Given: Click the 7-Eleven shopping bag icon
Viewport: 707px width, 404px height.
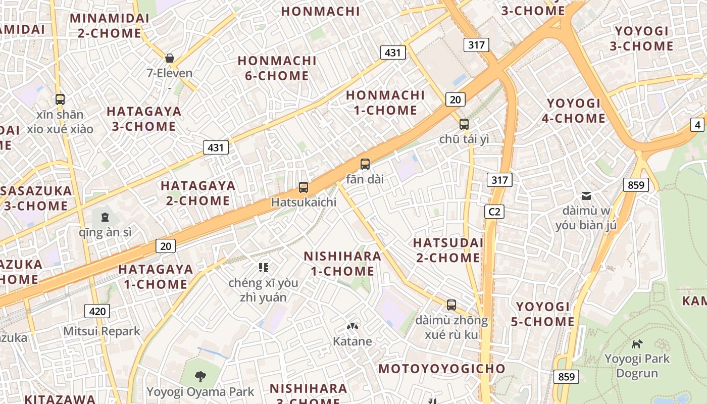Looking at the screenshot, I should pyautogui.click(x=170, y=58).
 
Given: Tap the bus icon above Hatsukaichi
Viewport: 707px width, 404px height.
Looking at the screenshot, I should pyautogui.click(x=304, y=187).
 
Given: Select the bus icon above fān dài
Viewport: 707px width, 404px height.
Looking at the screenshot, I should pyautogui.click(x=365, y=164).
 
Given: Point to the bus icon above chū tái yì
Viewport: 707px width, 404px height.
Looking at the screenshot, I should pyautogui.click(x=464, y=124).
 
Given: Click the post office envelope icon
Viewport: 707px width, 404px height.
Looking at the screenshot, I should pyautogui.click(x=586, y=195).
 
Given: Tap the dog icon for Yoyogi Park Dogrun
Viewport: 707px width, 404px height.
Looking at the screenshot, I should pyautogui.click(x=637, y=344).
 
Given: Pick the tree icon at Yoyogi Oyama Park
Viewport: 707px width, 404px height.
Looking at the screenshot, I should pyautogui.click(x=200, y=376).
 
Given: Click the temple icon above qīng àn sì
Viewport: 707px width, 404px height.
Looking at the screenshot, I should pyautogui.click(x=105, y=217).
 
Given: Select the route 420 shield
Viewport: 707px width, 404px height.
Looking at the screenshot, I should pyautogui.click(x=97, y=311).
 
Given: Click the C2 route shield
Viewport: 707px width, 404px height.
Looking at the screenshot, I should pyautogui.click(x=494, y=212).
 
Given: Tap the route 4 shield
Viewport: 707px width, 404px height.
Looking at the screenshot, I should pyautogui.click(x=697, y=125).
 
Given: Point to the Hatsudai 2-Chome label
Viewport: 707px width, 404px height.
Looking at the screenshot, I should pyautogui.click(x=447, y=250).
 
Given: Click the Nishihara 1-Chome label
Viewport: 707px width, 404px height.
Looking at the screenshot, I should pyautogui.click(x=342, y=264).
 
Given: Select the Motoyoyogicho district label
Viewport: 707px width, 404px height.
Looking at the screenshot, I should pyautogui.click(x=442, y=369).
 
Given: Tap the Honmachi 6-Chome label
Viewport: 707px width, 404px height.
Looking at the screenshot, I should pyautogui.click(x=277, y=68).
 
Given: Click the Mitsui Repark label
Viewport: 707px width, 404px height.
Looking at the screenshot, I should pyautogui.click(x=102, y=331).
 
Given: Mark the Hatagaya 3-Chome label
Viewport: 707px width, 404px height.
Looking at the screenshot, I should pyautogui.click(x=144, y=119).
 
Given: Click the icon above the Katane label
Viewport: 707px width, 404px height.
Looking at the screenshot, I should pyautogui.click(x=352, y=327).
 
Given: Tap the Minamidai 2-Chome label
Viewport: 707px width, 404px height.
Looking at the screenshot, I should pyautogui.click(x=110, y=26).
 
